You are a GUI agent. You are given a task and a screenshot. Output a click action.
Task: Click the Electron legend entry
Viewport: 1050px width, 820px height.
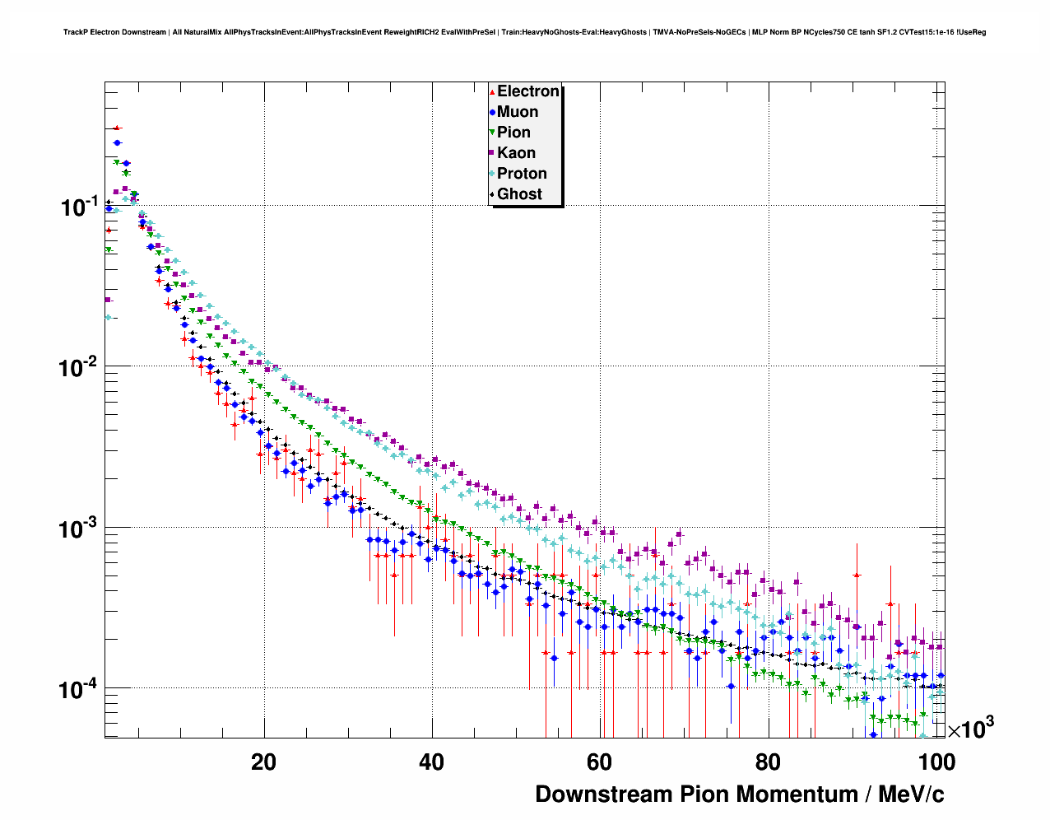(527, 91)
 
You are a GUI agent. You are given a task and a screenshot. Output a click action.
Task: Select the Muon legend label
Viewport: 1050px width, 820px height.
(517, 112)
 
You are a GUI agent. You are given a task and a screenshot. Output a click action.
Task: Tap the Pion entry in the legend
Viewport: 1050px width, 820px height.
(513, 133)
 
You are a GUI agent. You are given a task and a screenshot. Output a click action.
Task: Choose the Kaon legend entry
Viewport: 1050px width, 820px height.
(516, 153)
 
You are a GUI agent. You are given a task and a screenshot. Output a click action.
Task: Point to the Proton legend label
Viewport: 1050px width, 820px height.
(522, 174)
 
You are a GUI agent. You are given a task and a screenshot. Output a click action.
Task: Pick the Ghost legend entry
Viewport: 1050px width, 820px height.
(519, 194)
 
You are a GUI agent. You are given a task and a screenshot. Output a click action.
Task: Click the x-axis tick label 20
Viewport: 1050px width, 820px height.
(263, 762)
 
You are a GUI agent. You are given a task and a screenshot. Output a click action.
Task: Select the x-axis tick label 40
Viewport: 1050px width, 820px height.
(431, 762)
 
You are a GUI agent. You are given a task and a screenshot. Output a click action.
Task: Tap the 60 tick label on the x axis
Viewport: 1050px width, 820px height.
(599, 762)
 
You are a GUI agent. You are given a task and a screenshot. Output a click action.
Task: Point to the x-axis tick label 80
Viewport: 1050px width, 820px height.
(767, 762)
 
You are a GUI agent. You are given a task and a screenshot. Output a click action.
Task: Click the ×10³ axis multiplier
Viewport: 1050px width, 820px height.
(971, 729)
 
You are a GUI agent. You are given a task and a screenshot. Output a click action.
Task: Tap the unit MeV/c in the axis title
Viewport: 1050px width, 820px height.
(911, 794)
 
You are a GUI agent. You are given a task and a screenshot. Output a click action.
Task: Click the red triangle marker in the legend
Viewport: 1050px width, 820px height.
(492, 92)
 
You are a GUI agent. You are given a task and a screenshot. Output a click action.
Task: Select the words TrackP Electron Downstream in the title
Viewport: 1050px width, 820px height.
(114, 33)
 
